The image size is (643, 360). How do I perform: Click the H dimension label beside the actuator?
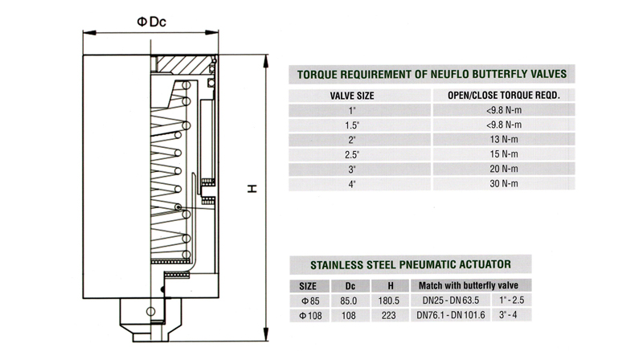(x=252, y=190)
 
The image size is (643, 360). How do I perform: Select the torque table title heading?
(x=432, y=73)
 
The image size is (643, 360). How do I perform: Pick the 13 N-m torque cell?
(x=503, y=139)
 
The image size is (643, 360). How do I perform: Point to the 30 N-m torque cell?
(x=503, y=184)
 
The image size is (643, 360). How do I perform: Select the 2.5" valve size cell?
(x=350, y=154)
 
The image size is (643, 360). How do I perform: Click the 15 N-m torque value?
(x=503, y=154)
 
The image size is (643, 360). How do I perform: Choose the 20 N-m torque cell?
(x=503, y=169)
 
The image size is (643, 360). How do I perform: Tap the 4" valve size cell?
(x=350, y=184)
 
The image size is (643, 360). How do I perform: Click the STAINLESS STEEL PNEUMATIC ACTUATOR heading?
(x=410, y=264)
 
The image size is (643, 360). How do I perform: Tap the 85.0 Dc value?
(x=349, y=301)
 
